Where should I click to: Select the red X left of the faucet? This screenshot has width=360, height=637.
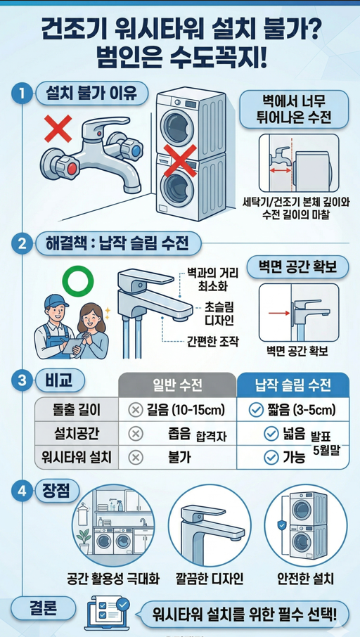[56, 129]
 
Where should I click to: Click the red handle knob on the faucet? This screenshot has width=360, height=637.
[63, 168]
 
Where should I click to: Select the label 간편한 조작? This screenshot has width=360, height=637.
[214, 342]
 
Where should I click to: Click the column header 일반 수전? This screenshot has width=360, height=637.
[177, 385]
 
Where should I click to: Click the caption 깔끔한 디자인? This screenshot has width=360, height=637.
[210, 579]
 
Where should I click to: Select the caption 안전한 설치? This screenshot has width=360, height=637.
[304, 579]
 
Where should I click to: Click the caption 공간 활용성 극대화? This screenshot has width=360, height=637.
[113, 579]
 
